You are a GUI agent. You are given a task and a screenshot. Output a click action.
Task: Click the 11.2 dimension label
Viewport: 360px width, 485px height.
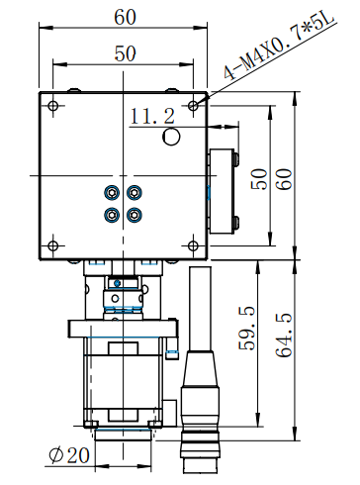152,116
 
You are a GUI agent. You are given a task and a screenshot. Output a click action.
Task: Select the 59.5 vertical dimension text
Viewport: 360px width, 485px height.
247,329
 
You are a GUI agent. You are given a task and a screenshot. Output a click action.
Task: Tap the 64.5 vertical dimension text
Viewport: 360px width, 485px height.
284,335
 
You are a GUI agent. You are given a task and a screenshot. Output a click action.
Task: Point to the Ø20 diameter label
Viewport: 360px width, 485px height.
69,455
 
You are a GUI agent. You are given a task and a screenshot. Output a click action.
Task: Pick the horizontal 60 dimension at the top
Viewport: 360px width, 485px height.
125,17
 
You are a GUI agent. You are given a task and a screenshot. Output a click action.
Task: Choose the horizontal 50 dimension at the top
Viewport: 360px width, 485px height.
125,53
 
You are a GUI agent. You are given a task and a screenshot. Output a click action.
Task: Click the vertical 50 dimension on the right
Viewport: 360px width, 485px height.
259,179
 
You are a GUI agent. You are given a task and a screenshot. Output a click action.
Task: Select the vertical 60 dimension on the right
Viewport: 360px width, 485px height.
284,179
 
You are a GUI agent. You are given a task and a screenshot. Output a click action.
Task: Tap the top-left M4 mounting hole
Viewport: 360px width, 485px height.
52,106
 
